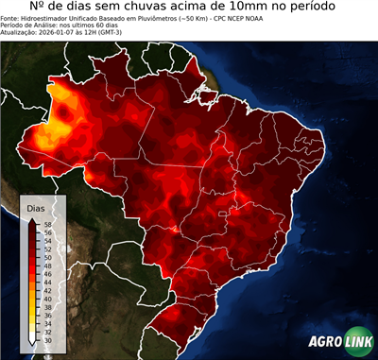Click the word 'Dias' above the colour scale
pyautogui.click(x=35, y=207)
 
